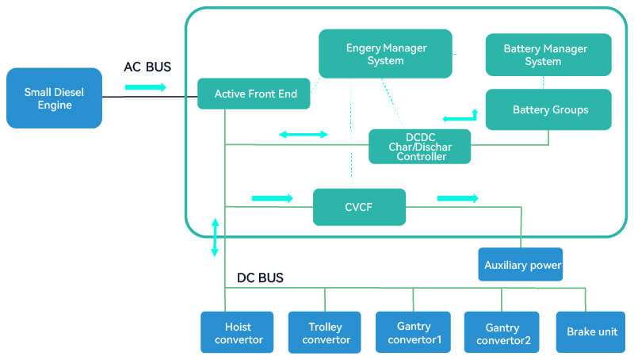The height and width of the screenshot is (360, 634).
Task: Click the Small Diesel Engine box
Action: (x=54, y=98)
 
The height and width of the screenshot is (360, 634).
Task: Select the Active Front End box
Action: (x=255, y=94)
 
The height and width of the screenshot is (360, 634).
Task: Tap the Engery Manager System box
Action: (x=385, y=54)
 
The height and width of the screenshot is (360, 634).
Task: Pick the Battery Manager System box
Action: (x=548, y=55)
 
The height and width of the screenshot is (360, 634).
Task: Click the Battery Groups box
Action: (x=548, y=109)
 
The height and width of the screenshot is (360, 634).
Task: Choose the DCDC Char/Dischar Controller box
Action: (x=419, y=147)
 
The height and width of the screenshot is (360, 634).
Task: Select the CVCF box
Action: (x=359, y=207)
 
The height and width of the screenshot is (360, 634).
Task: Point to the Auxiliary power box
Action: (x=521, y=265)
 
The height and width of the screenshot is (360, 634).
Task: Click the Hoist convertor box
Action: (x=237, y=332)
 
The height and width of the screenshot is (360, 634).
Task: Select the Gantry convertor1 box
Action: (x=413, y=332)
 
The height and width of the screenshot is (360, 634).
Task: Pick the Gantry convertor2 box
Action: (x=501, y=332)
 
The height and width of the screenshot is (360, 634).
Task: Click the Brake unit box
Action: (x=586, y=332)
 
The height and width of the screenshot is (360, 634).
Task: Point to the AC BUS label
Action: (x=147, y=67)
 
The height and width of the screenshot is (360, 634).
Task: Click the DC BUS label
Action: (x=260, y=278)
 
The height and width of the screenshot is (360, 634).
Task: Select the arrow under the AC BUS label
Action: (x=146, y=86)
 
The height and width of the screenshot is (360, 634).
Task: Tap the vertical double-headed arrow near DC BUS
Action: (x=214, y=236)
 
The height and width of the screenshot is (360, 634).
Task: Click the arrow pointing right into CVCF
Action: (x=272, y=197)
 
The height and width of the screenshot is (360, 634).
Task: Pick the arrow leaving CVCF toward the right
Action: (x=457, y=197)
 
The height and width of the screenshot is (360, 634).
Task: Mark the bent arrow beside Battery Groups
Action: (x=461, y=117)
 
